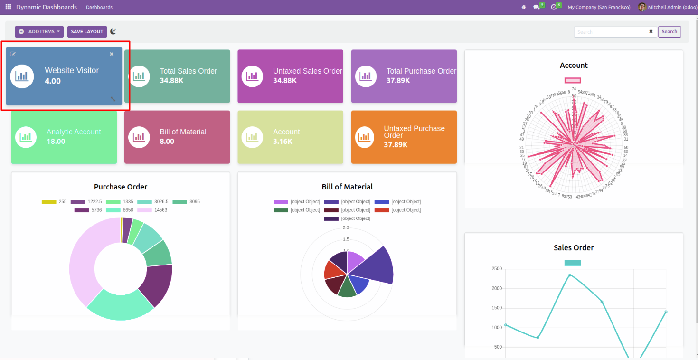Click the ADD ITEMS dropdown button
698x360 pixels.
(39, 32)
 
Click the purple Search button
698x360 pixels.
(669, 32)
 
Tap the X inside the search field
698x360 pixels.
(651, 31)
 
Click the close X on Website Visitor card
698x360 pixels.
(112, 54)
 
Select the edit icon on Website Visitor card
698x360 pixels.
(13, 54)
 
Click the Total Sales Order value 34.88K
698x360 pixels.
(171, 81)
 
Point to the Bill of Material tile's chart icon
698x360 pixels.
(139, 137)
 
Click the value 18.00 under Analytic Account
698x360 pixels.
(56, 142)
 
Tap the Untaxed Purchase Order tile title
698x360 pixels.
(414, 132)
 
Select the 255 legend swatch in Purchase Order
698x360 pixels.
(49, 202)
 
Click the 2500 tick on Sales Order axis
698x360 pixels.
(497, 269)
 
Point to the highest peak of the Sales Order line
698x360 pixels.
(570, 275)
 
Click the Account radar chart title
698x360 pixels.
(574, 66)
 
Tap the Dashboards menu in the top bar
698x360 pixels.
(99, 7)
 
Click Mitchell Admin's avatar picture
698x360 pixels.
(642, 7)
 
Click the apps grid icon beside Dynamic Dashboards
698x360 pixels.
(8, 7)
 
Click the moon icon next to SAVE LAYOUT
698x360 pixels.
(113, 31)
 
